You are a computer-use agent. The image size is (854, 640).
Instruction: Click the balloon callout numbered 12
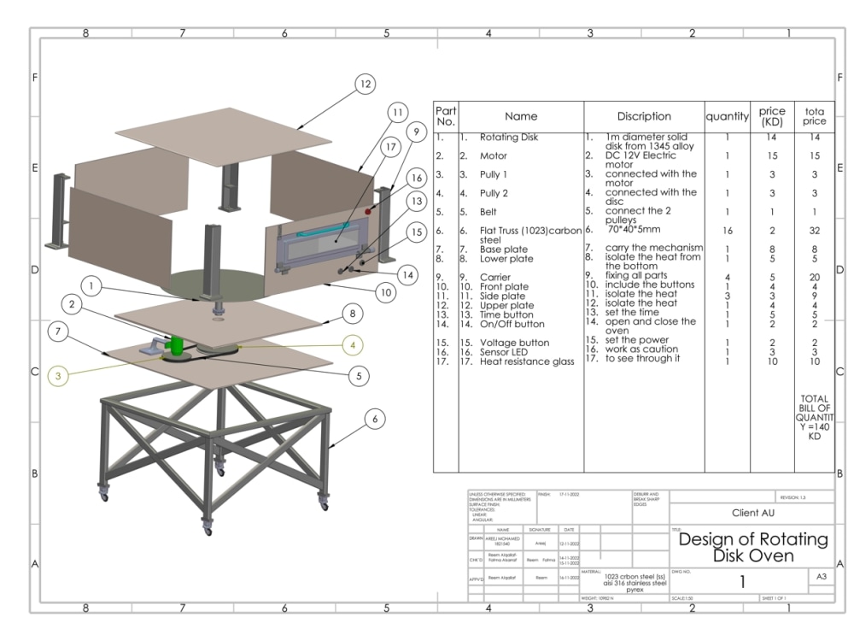(365, 84)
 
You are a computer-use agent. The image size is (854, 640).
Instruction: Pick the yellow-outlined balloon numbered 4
(355, 344)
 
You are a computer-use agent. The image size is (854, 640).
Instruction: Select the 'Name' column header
(521, 116)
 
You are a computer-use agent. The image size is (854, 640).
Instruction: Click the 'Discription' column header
(644, 116)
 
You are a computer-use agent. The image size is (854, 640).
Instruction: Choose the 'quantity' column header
(727, 116)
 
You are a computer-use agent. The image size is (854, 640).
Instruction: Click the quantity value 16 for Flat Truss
(727, 230)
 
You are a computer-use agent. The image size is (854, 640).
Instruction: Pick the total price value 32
(814, 230)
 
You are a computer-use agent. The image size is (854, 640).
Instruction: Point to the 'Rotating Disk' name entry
(508, 137)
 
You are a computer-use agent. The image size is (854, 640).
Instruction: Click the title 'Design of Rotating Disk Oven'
(752, 549)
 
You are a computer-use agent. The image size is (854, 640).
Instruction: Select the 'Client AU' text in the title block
(752, 514)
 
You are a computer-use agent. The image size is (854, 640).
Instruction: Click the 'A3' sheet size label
(822, 578)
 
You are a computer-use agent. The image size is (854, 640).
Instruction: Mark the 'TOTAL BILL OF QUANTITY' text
(815, 417)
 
